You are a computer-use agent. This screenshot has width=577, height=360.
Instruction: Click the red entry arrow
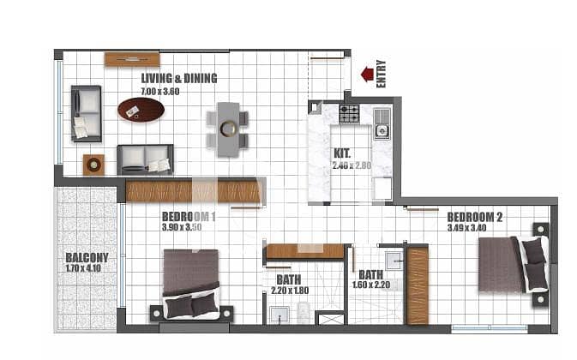367,74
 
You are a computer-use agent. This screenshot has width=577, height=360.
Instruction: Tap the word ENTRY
382,74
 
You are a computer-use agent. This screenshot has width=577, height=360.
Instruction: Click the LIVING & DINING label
179,78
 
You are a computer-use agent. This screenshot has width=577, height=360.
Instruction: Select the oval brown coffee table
141,109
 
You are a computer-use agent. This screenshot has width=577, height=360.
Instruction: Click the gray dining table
228,129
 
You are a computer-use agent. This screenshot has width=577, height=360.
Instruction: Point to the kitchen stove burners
348,114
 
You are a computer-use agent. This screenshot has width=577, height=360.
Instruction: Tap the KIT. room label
342,153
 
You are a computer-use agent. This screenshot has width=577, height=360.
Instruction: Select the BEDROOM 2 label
474,217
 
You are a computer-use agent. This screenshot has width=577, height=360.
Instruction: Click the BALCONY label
87,257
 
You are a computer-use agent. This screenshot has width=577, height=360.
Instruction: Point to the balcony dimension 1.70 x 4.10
83,268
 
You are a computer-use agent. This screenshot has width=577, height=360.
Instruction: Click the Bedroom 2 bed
514,264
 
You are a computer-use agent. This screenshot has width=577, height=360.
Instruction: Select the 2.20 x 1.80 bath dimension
290,291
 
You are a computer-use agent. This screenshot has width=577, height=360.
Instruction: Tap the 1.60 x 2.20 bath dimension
371,285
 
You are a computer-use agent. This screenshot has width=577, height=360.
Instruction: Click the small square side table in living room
93,165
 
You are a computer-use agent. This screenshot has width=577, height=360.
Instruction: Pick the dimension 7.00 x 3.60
160,92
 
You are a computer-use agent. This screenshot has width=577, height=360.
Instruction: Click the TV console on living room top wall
132,59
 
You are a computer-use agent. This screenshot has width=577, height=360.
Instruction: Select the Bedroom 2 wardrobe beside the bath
418,285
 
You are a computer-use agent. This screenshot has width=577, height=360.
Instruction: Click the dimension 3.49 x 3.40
466,228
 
